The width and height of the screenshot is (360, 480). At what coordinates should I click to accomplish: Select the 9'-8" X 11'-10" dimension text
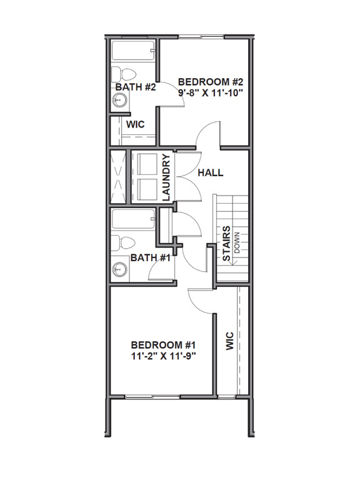tap(210, 92)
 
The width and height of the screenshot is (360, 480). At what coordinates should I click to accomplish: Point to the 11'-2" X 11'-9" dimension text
tap(164, 357)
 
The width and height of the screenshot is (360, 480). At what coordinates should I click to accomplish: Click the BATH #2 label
tap(136, 87)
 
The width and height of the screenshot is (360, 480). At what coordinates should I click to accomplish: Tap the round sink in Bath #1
tap(119, 270)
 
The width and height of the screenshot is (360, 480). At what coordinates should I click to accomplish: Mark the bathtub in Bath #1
tap(132, 220)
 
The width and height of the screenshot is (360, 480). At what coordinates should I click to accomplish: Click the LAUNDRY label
tap(166, 177)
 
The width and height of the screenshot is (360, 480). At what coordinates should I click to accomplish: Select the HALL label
tap(210, 173)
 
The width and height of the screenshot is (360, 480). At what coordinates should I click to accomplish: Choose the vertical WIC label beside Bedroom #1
tap(229, 341)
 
